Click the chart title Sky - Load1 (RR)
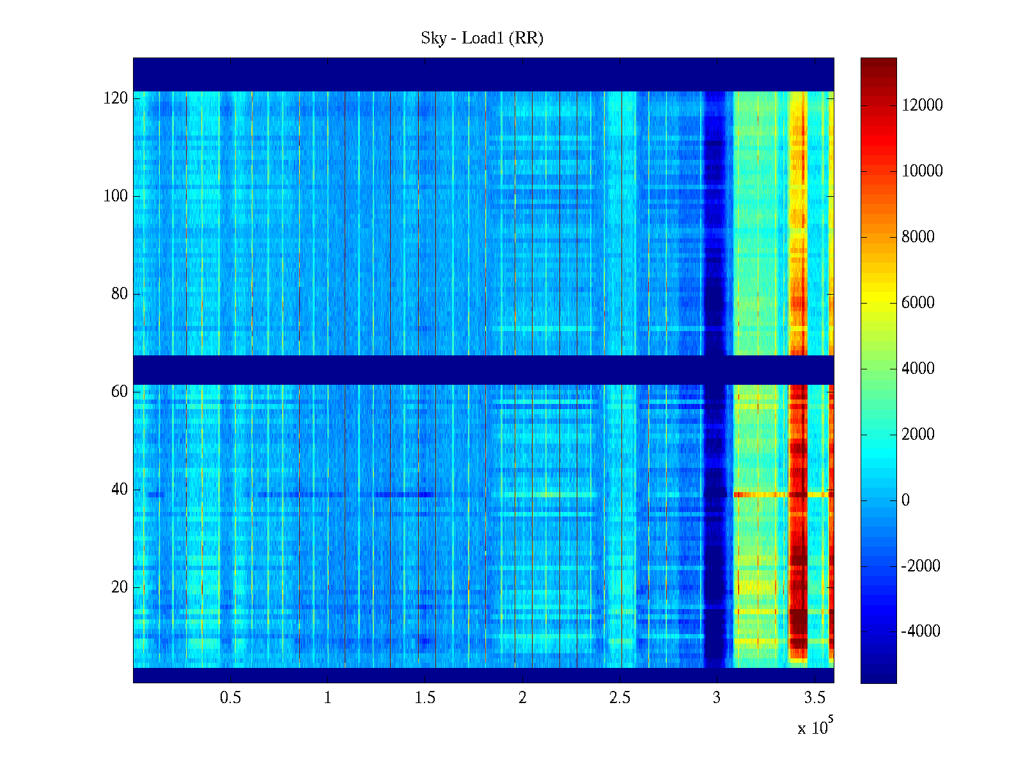tap(482, 38)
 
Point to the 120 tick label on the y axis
tap(116, 98)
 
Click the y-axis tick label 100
tap(116, 196)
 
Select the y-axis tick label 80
tap(120, 294)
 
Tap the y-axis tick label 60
tap(120, 392)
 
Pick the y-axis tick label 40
tap(120, 490)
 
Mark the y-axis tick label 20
tap(120, 587)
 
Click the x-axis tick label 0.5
tap(230, 698)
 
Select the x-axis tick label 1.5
tap(425, 698)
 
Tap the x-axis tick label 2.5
tap(620, 698)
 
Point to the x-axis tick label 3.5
tap(815, 698)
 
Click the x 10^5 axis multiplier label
tap(815, 727)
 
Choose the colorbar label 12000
tap(922, 105)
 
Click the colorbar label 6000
tap(918, 303)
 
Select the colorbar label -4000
tap(921, 631)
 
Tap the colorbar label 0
tap(905, 500)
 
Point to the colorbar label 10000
tap(922, 171)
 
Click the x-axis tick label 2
tap(522, 698)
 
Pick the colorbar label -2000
tap(921, 566)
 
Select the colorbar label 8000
tap(918, 237)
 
